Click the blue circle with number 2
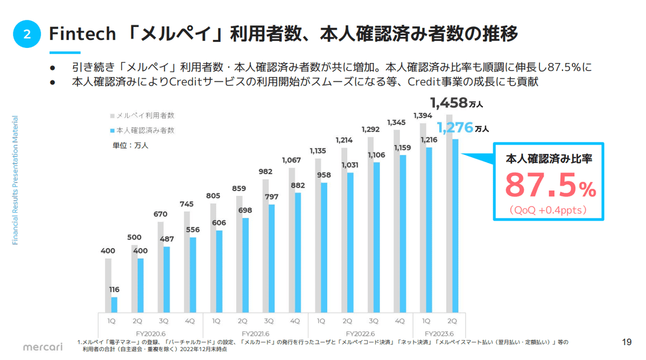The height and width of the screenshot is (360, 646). click(27, 34)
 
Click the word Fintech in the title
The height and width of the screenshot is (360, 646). click(82, 34)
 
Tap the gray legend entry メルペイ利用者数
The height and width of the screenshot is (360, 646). click(143, 116)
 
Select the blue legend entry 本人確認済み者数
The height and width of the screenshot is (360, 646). click(143, 130)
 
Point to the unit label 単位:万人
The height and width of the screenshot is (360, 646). click(130, 145)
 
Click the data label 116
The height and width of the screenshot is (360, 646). click(114, 290)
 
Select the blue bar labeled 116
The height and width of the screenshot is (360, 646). click(114, 305)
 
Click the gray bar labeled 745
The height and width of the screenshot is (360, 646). click(187, 262)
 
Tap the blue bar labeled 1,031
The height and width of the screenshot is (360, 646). click(350, 242)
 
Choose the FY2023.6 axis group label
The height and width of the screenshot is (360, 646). click(439, 333)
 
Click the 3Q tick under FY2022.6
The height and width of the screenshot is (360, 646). click(374, 321)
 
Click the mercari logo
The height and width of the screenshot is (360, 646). click(43, 347)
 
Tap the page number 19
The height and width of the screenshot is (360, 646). click(626, 342)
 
